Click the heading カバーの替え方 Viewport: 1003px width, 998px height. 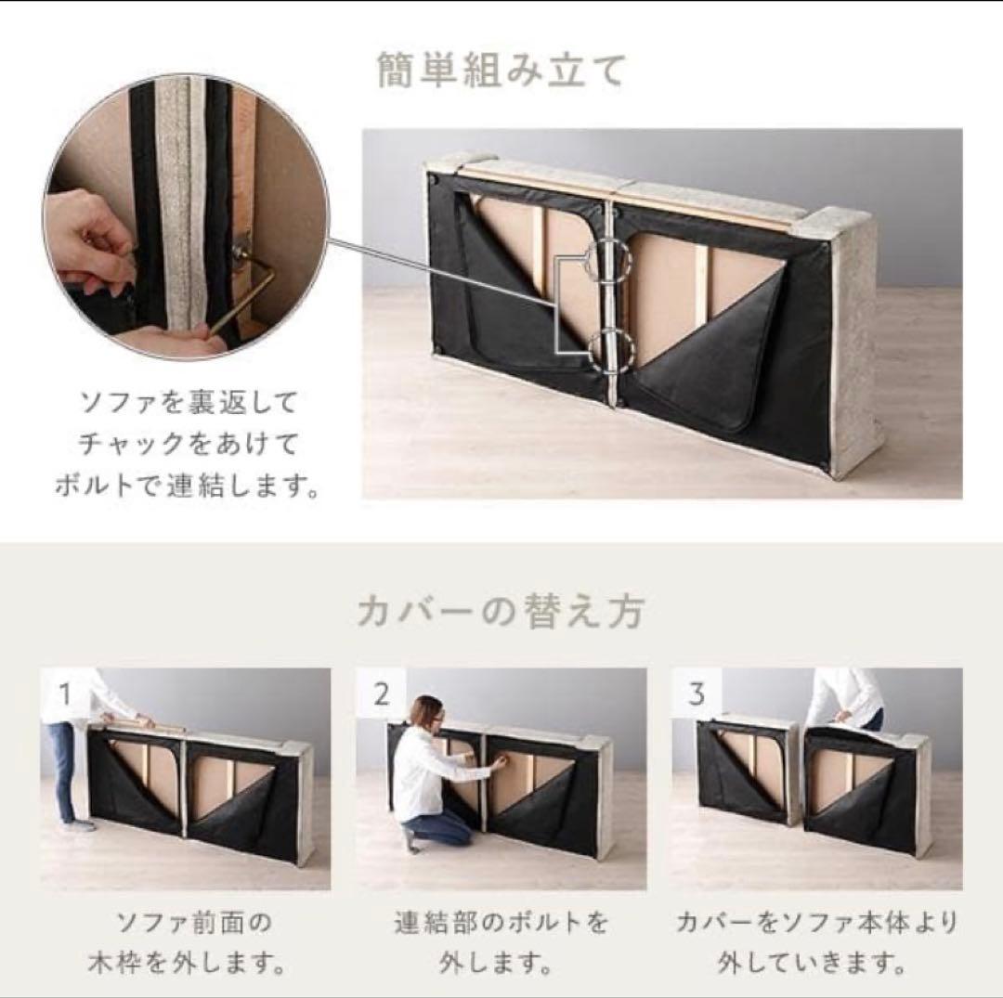[501, 613]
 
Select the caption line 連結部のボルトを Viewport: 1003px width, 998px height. [501, 922]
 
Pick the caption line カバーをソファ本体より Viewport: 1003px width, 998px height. [815, 922]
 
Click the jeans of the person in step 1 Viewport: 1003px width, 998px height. [63, 771]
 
